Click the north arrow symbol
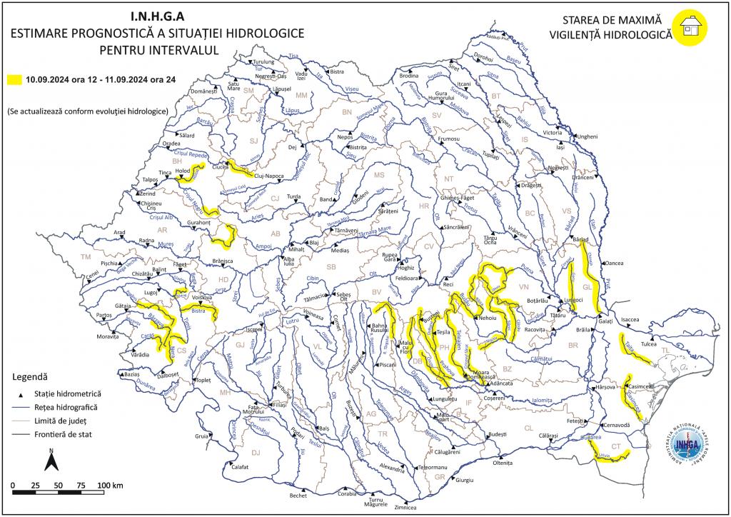[51, 461]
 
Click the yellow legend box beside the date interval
[14, 80]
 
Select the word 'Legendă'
[31, 376]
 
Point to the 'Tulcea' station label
[648, 344]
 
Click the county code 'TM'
[87, 256]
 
